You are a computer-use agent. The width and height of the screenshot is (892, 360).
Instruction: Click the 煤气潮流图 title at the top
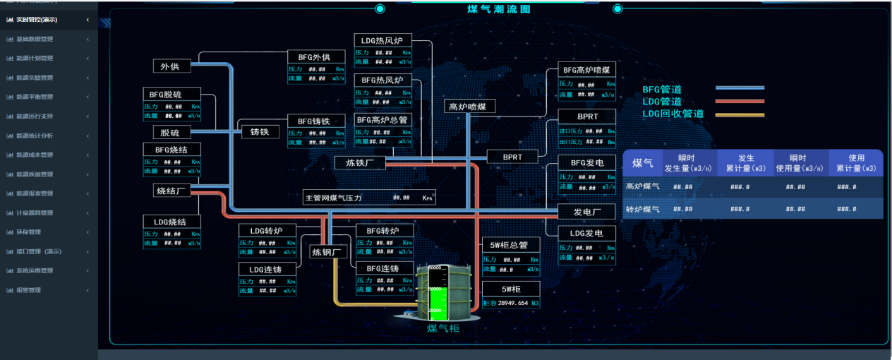coord(498,9)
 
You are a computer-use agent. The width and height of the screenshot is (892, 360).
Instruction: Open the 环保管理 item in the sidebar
coord(29,232)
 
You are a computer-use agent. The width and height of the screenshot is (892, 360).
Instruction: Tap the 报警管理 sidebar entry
coord(29,289)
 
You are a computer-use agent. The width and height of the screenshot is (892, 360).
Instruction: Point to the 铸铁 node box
coord(260,131)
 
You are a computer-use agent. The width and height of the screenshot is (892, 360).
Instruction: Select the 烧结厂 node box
coord(170,190)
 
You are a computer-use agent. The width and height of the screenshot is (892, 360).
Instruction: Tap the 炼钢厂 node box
coord(327,251)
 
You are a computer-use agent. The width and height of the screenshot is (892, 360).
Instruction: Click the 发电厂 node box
coord(586,212)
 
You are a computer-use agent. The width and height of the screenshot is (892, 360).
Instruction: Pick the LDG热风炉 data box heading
coord(382,41)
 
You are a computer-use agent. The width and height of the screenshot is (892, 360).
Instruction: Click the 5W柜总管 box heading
coord(511,245)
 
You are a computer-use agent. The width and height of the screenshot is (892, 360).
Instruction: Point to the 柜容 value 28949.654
coord(513,303)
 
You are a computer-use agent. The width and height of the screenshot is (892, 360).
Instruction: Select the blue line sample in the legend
coord(740,88)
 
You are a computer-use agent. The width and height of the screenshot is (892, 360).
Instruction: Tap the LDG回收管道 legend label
coord(673,114)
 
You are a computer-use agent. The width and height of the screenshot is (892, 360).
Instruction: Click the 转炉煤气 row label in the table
coord(642,209)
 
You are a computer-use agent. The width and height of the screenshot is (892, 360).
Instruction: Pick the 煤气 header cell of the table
coord(642,163)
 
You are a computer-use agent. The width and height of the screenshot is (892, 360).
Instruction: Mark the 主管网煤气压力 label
coord(333,198)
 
